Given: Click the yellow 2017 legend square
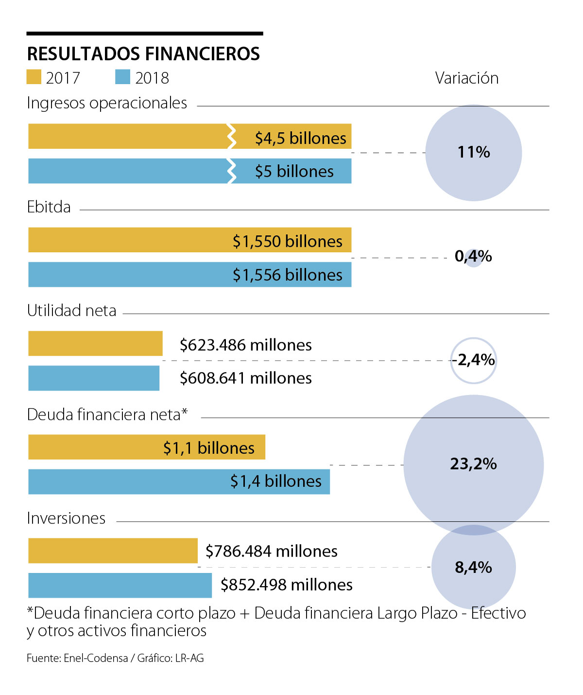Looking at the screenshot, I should [34, 77].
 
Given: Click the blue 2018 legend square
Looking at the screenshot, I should [122, 77].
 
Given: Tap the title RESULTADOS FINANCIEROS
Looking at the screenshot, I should [143, 53].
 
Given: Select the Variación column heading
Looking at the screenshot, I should [466, 78].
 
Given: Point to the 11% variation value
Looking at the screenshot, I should [474, 152].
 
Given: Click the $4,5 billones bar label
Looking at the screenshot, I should [300, 138].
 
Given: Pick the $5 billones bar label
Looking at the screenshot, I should [294, 172].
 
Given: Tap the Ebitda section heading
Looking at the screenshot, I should [49, 207].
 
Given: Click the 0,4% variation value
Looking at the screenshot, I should [473, 256].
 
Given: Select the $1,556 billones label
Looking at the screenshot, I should [287, 275].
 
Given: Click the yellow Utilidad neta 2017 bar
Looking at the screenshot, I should [95, 344].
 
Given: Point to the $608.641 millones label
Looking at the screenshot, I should [245, 378].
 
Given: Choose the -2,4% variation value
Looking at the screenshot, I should [474, 360].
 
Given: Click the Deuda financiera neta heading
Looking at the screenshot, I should [107, 415].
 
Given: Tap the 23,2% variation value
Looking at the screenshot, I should [473, 464].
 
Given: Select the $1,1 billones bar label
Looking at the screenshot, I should [208, 448].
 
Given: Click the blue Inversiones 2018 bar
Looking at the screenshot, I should [120, 585].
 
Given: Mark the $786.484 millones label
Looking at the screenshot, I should [271, 551].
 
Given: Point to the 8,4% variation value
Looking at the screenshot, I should [473, 567].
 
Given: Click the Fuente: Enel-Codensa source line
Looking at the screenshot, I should [115, 659].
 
